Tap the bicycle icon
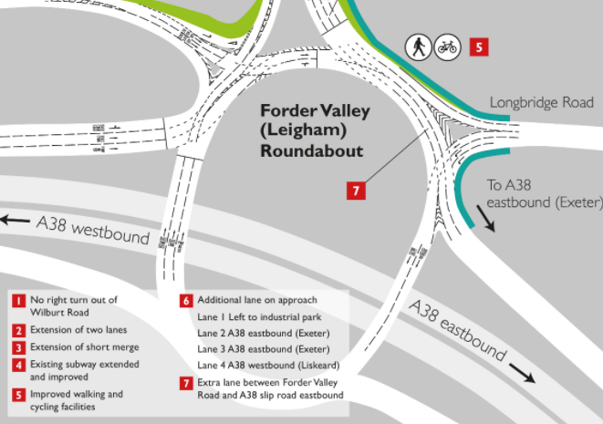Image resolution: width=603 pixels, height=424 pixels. tap(447, 46)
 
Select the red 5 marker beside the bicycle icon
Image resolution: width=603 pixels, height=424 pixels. tap(480, 46)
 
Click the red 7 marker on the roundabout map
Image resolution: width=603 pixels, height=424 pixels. tap(357, 191)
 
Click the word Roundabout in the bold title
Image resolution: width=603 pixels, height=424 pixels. tap(311, 151)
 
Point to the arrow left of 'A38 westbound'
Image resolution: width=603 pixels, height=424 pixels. tap(16, 220)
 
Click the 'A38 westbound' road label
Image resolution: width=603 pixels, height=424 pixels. tap(92, 229)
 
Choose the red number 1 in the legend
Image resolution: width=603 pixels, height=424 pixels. tap(18, 300)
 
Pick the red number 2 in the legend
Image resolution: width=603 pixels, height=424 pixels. tap(18, 330)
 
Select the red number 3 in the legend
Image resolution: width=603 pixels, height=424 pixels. tap(18, 348)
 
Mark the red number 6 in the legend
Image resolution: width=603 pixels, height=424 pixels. tap(186, 300)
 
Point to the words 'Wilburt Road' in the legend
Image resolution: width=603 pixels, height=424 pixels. tap(60, 311)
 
